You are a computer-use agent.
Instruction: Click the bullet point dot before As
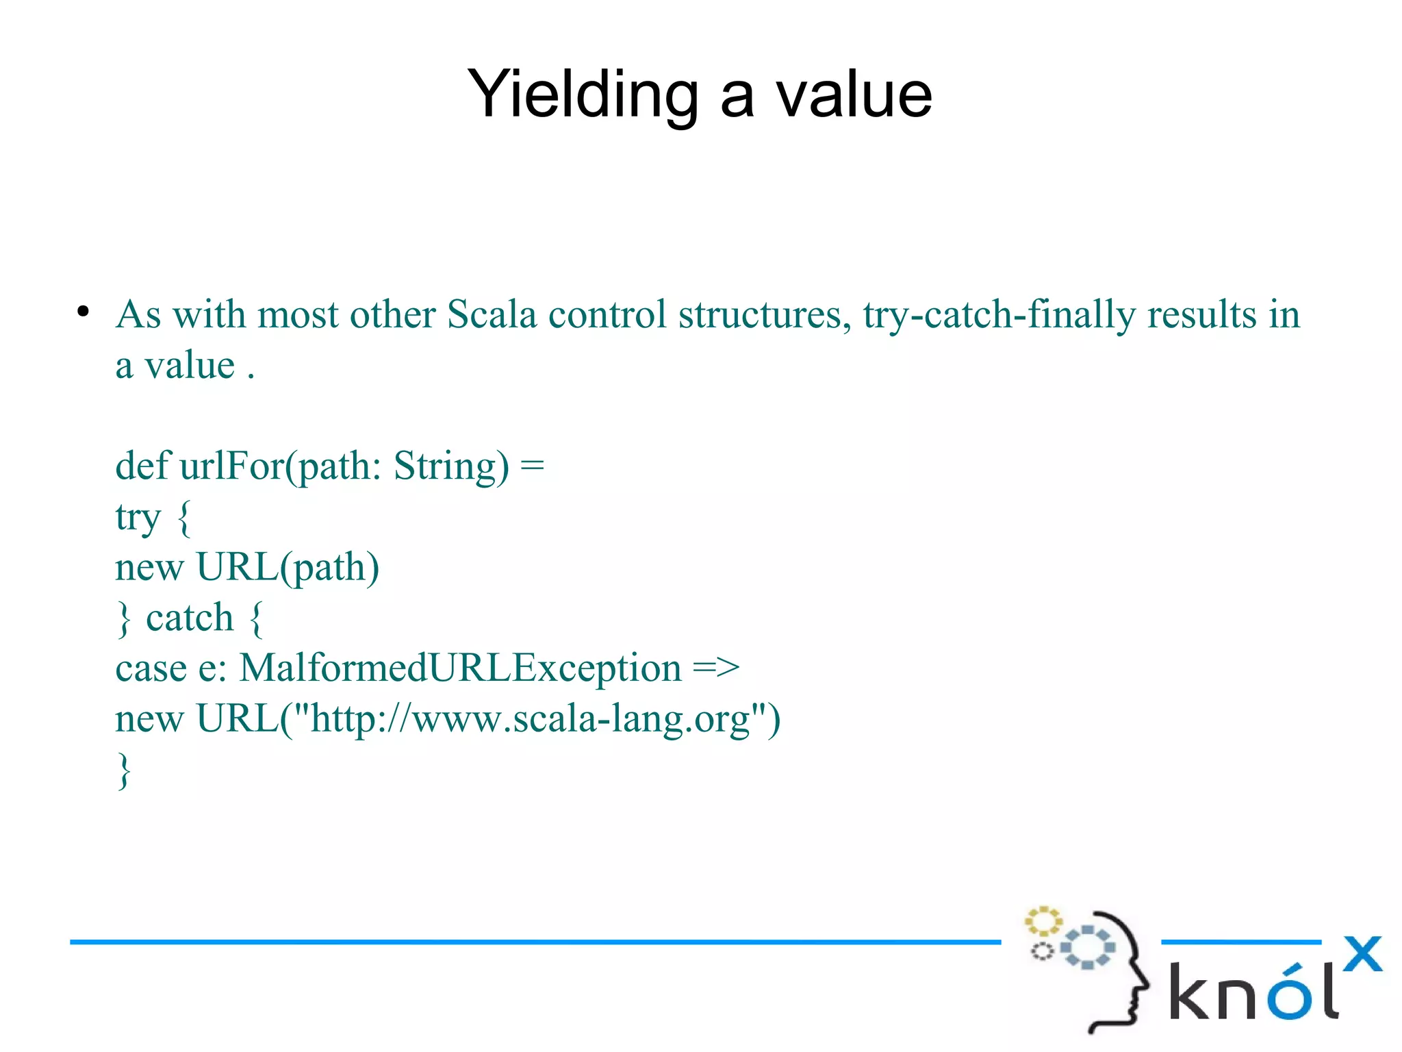tap(83, 312)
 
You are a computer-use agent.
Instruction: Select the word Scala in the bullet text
tap(492, 315)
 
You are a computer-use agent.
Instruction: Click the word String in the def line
tap(450, 467)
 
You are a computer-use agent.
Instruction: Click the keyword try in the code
tap(138, 518)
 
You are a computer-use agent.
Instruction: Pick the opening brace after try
tap(183, 518)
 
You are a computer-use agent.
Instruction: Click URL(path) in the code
tap(288, 568)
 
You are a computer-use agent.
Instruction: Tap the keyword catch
tap(190, 618)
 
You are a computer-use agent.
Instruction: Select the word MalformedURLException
tap(460, 668)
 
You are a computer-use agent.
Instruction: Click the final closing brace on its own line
tap(124, 771)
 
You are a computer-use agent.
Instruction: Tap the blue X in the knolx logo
tap(1362, 954)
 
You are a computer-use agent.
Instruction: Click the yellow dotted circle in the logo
tap(1043, 921)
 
